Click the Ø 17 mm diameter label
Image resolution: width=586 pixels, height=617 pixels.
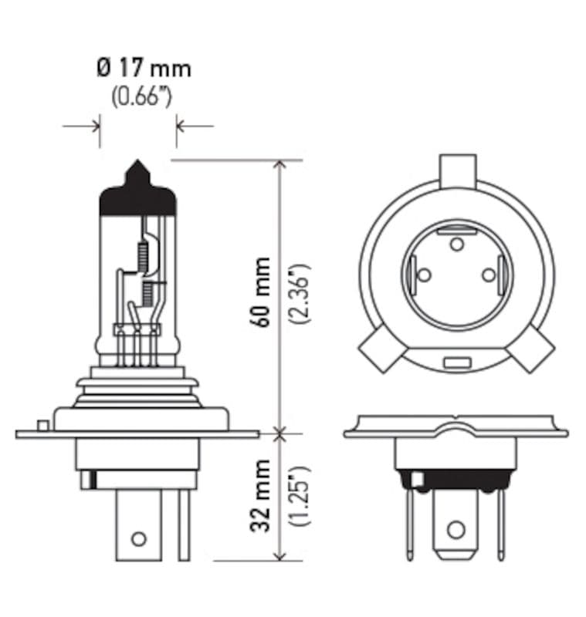(144, 69)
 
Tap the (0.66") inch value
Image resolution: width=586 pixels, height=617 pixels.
(141, 98)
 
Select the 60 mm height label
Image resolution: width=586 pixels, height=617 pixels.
(263, 292)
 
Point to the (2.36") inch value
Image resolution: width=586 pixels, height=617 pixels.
(300, 293)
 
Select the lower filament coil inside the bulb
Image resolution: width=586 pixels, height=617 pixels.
(147, 291)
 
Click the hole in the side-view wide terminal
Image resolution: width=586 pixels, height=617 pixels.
(138, 538)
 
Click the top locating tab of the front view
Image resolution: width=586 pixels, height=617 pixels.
(457, 168)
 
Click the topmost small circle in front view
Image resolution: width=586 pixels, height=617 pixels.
(457, 244)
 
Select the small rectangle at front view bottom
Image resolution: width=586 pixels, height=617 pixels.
(457, 362)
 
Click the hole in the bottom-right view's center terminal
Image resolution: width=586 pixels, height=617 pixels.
(456, 530)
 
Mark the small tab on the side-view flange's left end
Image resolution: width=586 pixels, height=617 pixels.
(42, 425)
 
